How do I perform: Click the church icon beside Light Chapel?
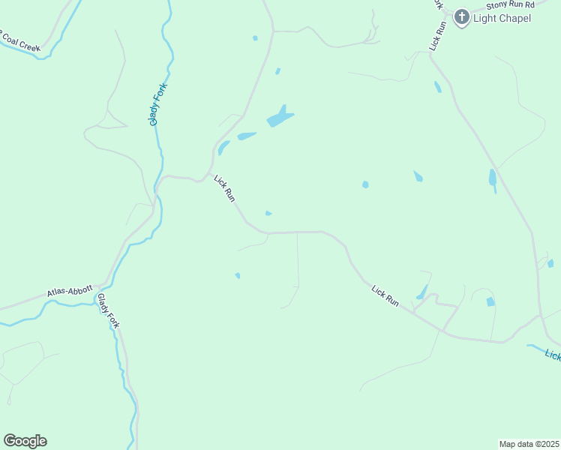461,17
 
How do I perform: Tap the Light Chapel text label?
502,17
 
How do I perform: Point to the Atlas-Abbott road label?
69,290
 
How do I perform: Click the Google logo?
25,441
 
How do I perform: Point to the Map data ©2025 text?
529,443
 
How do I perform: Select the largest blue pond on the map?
280,117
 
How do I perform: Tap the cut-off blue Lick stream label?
553,355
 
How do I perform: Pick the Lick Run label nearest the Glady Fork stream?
225,188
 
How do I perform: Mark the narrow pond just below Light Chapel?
437,87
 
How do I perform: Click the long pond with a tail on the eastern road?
493,179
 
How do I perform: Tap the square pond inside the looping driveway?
490,301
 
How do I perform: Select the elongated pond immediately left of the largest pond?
247,136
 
